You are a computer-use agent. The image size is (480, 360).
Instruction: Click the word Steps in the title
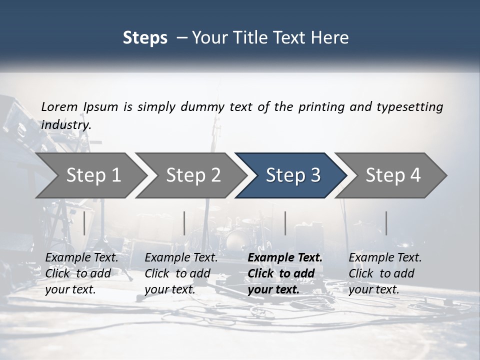pos(145,37)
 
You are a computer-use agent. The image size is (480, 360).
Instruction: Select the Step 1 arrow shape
pos(90,175)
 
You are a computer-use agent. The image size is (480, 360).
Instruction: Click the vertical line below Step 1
pos(84,223)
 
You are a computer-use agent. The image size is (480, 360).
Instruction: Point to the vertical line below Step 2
pos(184,223)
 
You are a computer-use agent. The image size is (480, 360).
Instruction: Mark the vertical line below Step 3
pos(285,223)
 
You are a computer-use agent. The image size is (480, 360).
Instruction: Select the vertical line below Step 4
pos(386,223)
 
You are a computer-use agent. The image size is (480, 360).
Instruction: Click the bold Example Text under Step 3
pos(285,273)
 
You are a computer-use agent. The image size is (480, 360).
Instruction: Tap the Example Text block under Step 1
pos(81,273)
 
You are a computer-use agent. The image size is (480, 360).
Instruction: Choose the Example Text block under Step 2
pos(181,273)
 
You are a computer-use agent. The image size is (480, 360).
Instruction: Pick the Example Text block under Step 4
pos(385,273)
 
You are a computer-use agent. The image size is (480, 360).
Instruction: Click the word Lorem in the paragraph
pos(59,106)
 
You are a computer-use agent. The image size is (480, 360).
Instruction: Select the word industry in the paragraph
pos(66,125)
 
